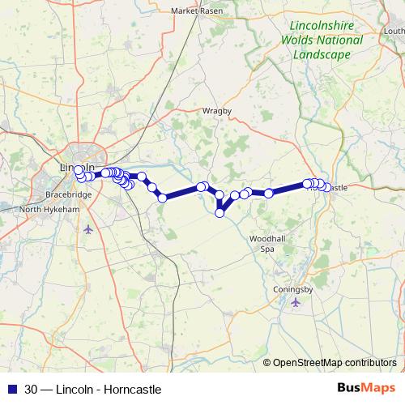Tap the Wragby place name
217,110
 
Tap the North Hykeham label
49,209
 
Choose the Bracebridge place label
69,195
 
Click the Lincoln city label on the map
73,168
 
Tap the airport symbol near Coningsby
295,302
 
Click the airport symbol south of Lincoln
88,229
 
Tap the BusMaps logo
364,388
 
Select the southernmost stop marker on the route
220,213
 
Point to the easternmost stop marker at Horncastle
326,186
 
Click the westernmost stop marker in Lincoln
79,171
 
